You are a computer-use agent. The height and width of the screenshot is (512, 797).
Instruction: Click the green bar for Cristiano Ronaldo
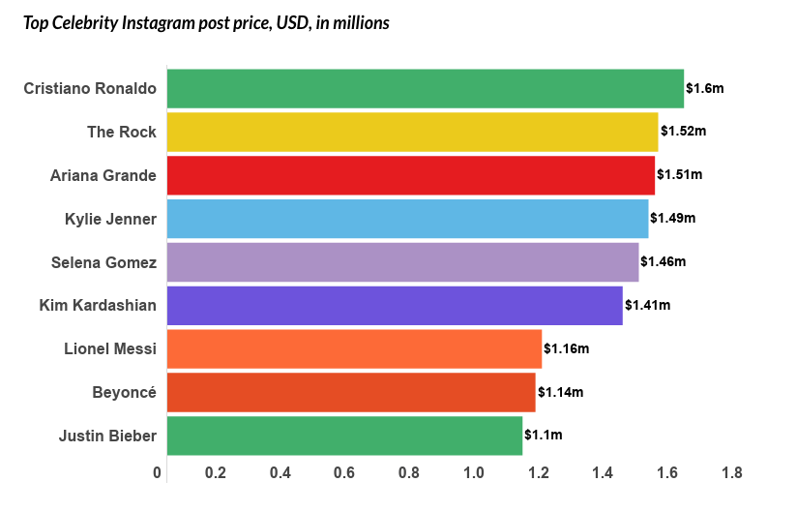coord(425,88)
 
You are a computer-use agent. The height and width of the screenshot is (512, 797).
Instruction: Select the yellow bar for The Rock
coord(412,132)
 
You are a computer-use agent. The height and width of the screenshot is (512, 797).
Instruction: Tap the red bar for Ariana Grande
coord(410,175)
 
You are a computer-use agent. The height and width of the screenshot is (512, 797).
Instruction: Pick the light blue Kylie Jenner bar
coord(407,219)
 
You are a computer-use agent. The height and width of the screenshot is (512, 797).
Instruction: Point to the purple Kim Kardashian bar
coord(395,305)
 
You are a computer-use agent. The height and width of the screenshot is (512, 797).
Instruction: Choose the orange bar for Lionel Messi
coord(354,348)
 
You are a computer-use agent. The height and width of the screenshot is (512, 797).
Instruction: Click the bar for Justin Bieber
coord(344,436)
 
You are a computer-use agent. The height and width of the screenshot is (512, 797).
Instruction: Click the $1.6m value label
coord(704,88)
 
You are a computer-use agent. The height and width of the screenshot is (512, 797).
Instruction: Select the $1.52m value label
coord(683,132)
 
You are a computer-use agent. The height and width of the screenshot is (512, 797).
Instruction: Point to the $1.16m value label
coord(566,348)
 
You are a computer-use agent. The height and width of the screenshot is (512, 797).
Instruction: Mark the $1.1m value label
coord(543,436)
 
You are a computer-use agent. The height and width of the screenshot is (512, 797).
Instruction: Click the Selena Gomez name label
coord(103,261)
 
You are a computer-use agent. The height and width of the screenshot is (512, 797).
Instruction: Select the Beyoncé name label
coord(124,392)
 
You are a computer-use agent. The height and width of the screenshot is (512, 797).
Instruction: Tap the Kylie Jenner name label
coord(103,219)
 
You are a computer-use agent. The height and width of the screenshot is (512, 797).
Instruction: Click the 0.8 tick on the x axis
coord(409,473)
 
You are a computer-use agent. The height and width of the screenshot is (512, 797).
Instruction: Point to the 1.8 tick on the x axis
coord(732,473)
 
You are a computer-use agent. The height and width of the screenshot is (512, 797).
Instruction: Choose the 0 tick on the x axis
coord(158,473)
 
